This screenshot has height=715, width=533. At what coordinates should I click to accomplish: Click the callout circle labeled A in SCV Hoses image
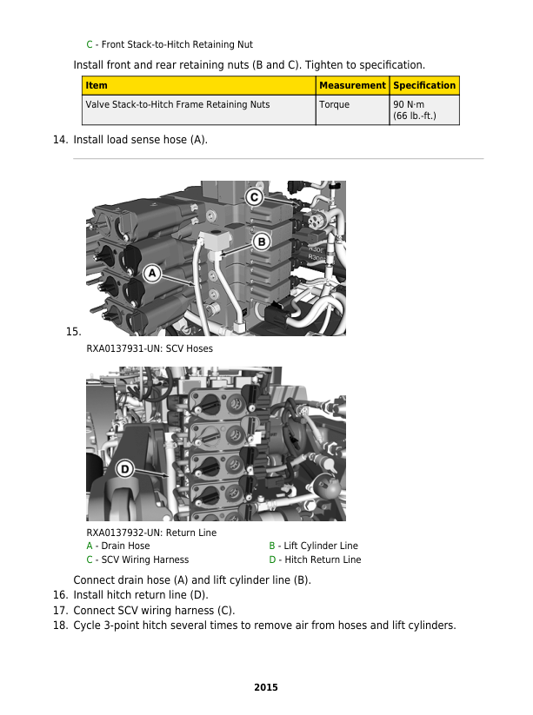coord(151,274)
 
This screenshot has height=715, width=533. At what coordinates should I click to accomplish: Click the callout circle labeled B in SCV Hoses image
coord(261,241)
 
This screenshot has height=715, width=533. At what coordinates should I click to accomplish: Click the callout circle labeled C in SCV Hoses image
coord(254,197)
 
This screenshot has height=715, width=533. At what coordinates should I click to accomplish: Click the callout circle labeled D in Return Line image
coord(124,469)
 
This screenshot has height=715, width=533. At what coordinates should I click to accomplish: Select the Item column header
coord(97,85)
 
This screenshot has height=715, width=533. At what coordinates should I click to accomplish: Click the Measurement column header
coord(352,85)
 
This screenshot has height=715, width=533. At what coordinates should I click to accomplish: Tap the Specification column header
coord(424,85)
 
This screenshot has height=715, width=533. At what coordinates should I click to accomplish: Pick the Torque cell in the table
coord(334,104)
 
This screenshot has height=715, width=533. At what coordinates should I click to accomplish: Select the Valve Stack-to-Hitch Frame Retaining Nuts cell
coord(177,104)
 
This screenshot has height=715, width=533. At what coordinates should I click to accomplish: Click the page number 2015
coord(266,687)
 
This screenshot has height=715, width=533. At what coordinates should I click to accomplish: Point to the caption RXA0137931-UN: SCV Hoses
coord(149,348)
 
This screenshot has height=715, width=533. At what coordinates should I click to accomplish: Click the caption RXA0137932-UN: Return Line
coord(151,533)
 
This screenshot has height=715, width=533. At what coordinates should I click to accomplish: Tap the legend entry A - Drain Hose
coord(117,546)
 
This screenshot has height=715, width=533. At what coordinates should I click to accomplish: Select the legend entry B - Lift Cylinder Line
coord(313,546)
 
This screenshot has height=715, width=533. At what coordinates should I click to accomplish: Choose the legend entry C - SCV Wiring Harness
coord(137,559)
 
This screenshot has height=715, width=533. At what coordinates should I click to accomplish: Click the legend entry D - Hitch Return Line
coord(315,559)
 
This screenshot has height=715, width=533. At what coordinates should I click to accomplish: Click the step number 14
coord(60,139)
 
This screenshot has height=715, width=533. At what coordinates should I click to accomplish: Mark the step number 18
coord(60,626)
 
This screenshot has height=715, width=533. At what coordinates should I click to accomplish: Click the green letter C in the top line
coord(90,44)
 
